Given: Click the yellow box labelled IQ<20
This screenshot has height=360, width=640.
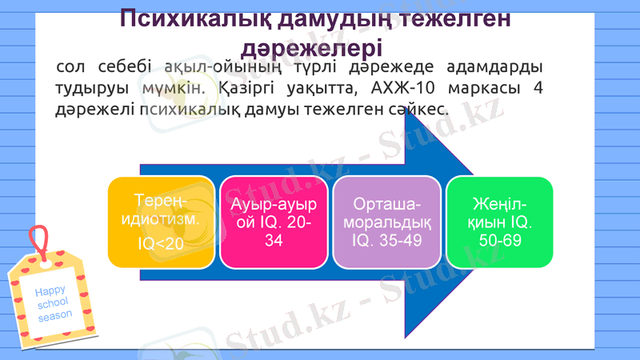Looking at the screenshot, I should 161,222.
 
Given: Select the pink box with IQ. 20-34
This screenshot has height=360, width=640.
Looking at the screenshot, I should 274,222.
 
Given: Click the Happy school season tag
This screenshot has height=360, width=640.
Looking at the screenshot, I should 50,300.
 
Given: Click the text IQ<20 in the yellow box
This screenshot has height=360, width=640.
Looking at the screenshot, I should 160,242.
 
